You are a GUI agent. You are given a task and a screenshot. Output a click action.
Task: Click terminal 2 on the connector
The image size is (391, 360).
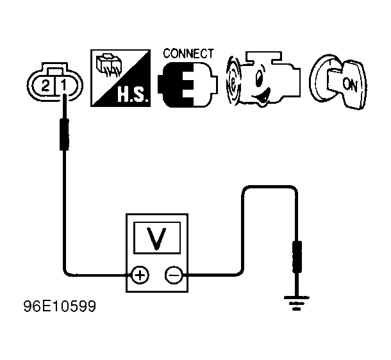click(x=45, y=86)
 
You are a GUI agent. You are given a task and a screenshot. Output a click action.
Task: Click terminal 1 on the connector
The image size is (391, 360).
click(x=64, y=85)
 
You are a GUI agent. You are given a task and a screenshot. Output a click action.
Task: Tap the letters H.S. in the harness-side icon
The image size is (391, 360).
click(x=133, y=95)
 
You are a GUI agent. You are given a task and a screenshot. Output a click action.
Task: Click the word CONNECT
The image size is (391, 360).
click(x=188, y=54)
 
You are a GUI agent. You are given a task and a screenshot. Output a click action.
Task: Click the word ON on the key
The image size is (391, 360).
click(x=350, y=85)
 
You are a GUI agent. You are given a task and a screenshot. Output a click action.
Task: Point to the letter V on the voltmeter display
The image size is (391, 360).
click(x=156, y=238)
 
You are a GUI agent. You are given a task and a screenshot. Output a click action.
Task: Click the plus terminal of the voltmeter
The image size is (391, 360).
click(x=140, y=275)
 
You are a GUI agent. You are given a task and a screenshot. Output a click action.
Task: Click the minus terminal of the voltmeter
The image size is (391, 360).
click(x=174, y=275)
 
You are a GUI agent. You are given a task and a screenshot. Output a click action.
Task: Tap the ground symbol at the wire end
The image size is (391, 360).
click(x=296, y=303)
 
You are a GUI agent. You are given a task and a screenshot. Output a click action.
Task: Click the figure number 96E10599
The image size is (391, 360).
click(x=60, y=306)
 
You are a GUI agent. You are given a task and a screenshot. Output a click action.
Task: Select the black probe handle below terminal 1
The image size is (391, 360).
click(x=64, y=135)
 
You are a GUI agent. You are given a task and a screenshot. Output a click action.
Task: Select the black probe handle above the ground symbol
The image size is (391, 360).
click(x=297, y=257)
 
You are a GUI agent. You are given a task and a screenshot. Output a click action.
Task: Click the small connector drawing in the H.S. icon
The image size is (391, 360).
click(x=108, y=64)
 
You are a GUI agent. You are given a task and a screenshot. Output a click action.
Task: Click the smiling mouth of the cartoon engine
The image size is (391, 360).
click(x=262, y=97)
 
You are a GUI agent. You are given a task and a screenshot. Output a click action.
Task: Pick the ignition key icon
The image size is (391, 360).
click(x=338, y=81)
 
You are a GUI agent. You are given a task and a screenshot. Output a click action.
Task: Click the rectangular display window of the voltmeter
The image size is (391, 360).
click(x=157, y=238)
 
